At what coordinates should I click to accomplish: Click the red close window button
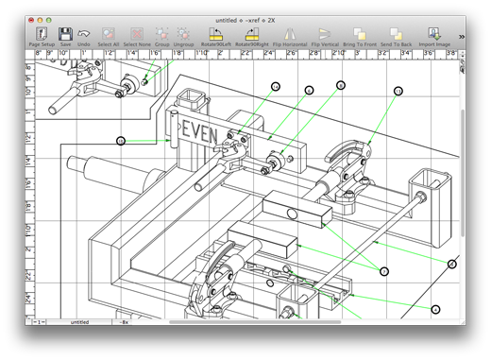click(x=36, y=18)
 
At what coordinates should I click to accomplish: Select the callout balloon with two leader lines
click(x=384, y=271)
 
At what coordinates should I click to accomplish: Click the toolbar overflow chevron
click(x=462, y=36)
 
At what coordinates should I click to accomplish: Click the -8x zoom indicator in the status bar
click(x=125, y=321)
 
